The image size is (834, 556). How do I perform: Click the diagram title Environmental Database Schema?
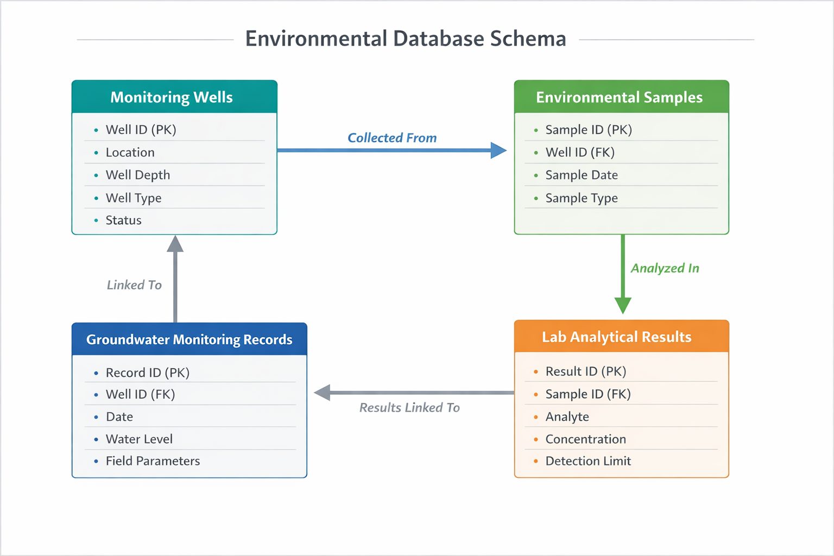(406, 39)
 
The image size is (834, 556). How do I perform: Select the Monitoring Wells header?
(172, 97)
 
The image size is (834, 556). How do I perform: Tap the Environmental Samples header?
(619, 97)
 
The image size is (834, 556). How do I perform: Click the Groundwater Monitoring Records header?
(189, 339)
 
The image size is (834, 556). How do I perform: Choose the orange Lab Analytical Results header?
(616, 337)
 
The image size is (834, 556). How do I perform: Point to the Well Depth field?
(138, 175)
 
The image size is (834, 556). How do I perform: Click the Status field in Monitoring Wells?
(123, 220)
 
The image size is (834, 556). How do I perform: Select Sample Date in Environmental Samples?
(582, 175)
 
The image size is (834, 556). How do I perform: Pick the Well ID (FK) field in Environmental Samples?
(580, 152)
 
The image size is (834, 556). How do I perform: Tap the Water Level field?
(139, 439)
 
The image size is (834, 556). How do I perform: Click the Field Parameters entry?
(153, 461)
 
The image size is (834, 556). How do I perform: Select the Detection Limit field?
(588, 461)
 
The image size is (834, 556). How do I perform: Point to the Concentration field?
(585, 439)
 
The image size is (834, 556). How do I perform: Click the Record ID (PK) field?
(147, 372)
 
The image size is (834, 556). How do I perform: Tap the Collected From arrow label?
(392, 138)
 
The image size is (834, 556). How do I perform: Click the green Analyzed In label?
(665, 268)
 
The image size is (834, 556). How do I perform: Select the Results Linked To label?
(409, 407)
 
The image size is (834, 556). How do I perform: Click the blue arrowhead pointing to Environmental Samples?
(498, 150)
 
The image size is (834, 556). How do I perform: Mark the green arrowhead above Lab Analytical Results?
(623, 305)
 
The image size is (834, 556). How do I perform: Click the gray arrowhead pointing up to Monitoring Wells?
(175, 244)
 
